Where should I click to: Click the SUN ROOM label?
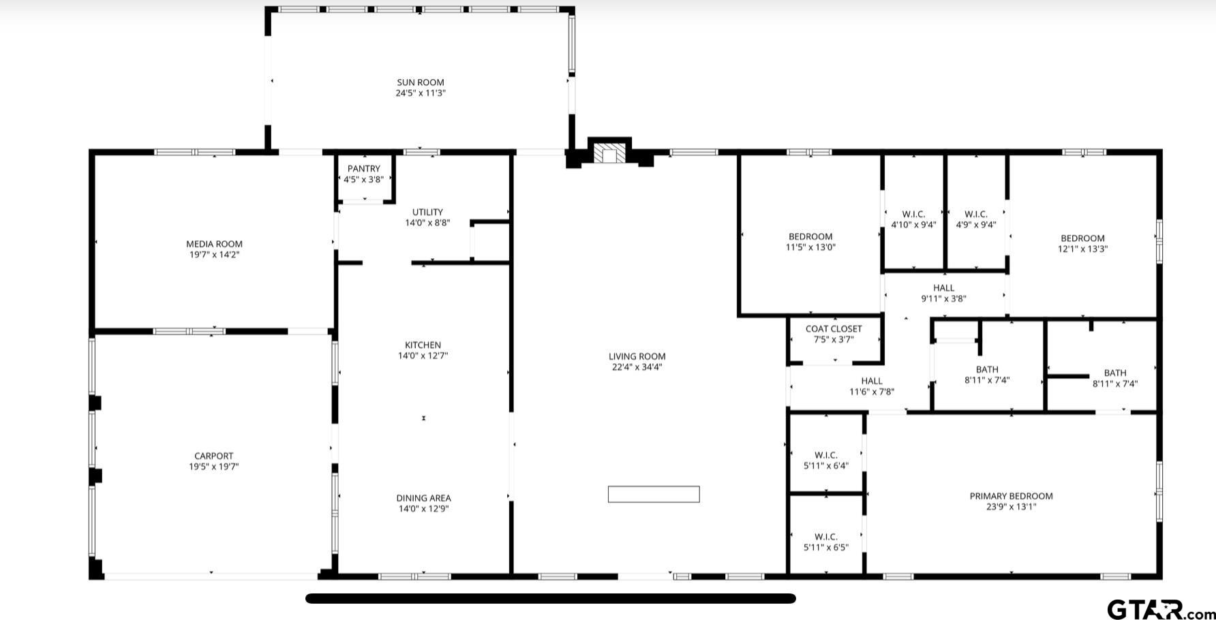click(421, 82)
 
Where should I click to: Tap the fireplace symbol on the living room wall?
click(609, 153)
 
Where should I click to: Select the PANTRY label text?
click(364, 169)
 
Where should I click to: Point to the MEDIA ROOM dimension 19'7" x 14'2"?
click(215, 255)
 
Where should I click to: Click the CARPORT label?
click(214, 456)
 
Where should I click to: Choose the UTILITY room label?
click(427, 212)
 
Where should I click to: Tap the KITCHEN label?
click(423, 345)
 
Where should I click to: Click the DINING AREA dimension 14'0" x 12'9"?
click(423, 509)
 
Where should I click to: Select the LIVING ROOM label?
click(637, 356)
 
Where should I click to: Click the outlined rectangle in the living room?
click(654, 494)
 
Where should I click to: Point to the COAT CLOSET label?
click(834, 328)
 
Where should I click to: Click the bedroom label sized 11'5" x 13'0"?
click(810, 236)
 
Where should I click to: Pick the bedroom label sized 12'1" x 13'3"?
click(1082, 238)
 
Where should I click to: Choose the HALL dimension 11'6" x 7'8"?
click(872, 392)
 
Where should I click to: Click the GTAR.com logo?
click(1161, 609)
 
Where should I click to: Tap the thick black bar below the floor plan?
click(551, 598)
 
